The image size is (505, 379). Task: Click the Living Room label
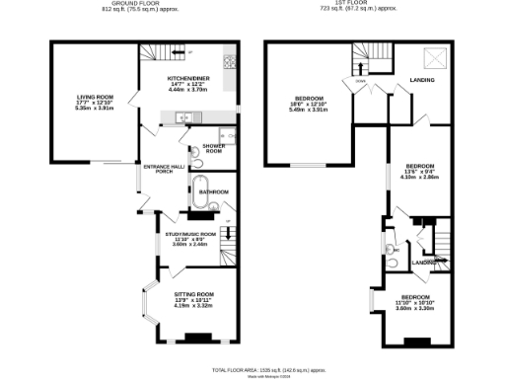coord(97,102)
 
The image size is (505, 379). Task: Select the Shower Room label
coord(213,149)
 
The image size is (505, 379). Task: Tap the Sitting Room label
coord(194,299)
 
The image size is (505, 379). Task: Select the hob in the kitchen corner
coord(230,60)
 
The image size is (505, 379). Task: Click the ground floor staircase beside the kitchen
coord(156,52)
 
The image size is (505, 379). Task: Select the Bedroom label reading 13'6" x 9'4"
coord(421,171)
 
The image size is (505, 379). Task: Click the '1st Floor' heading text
coord(359,5)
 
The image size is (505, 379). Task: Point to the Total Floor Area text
coord(252,368)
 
